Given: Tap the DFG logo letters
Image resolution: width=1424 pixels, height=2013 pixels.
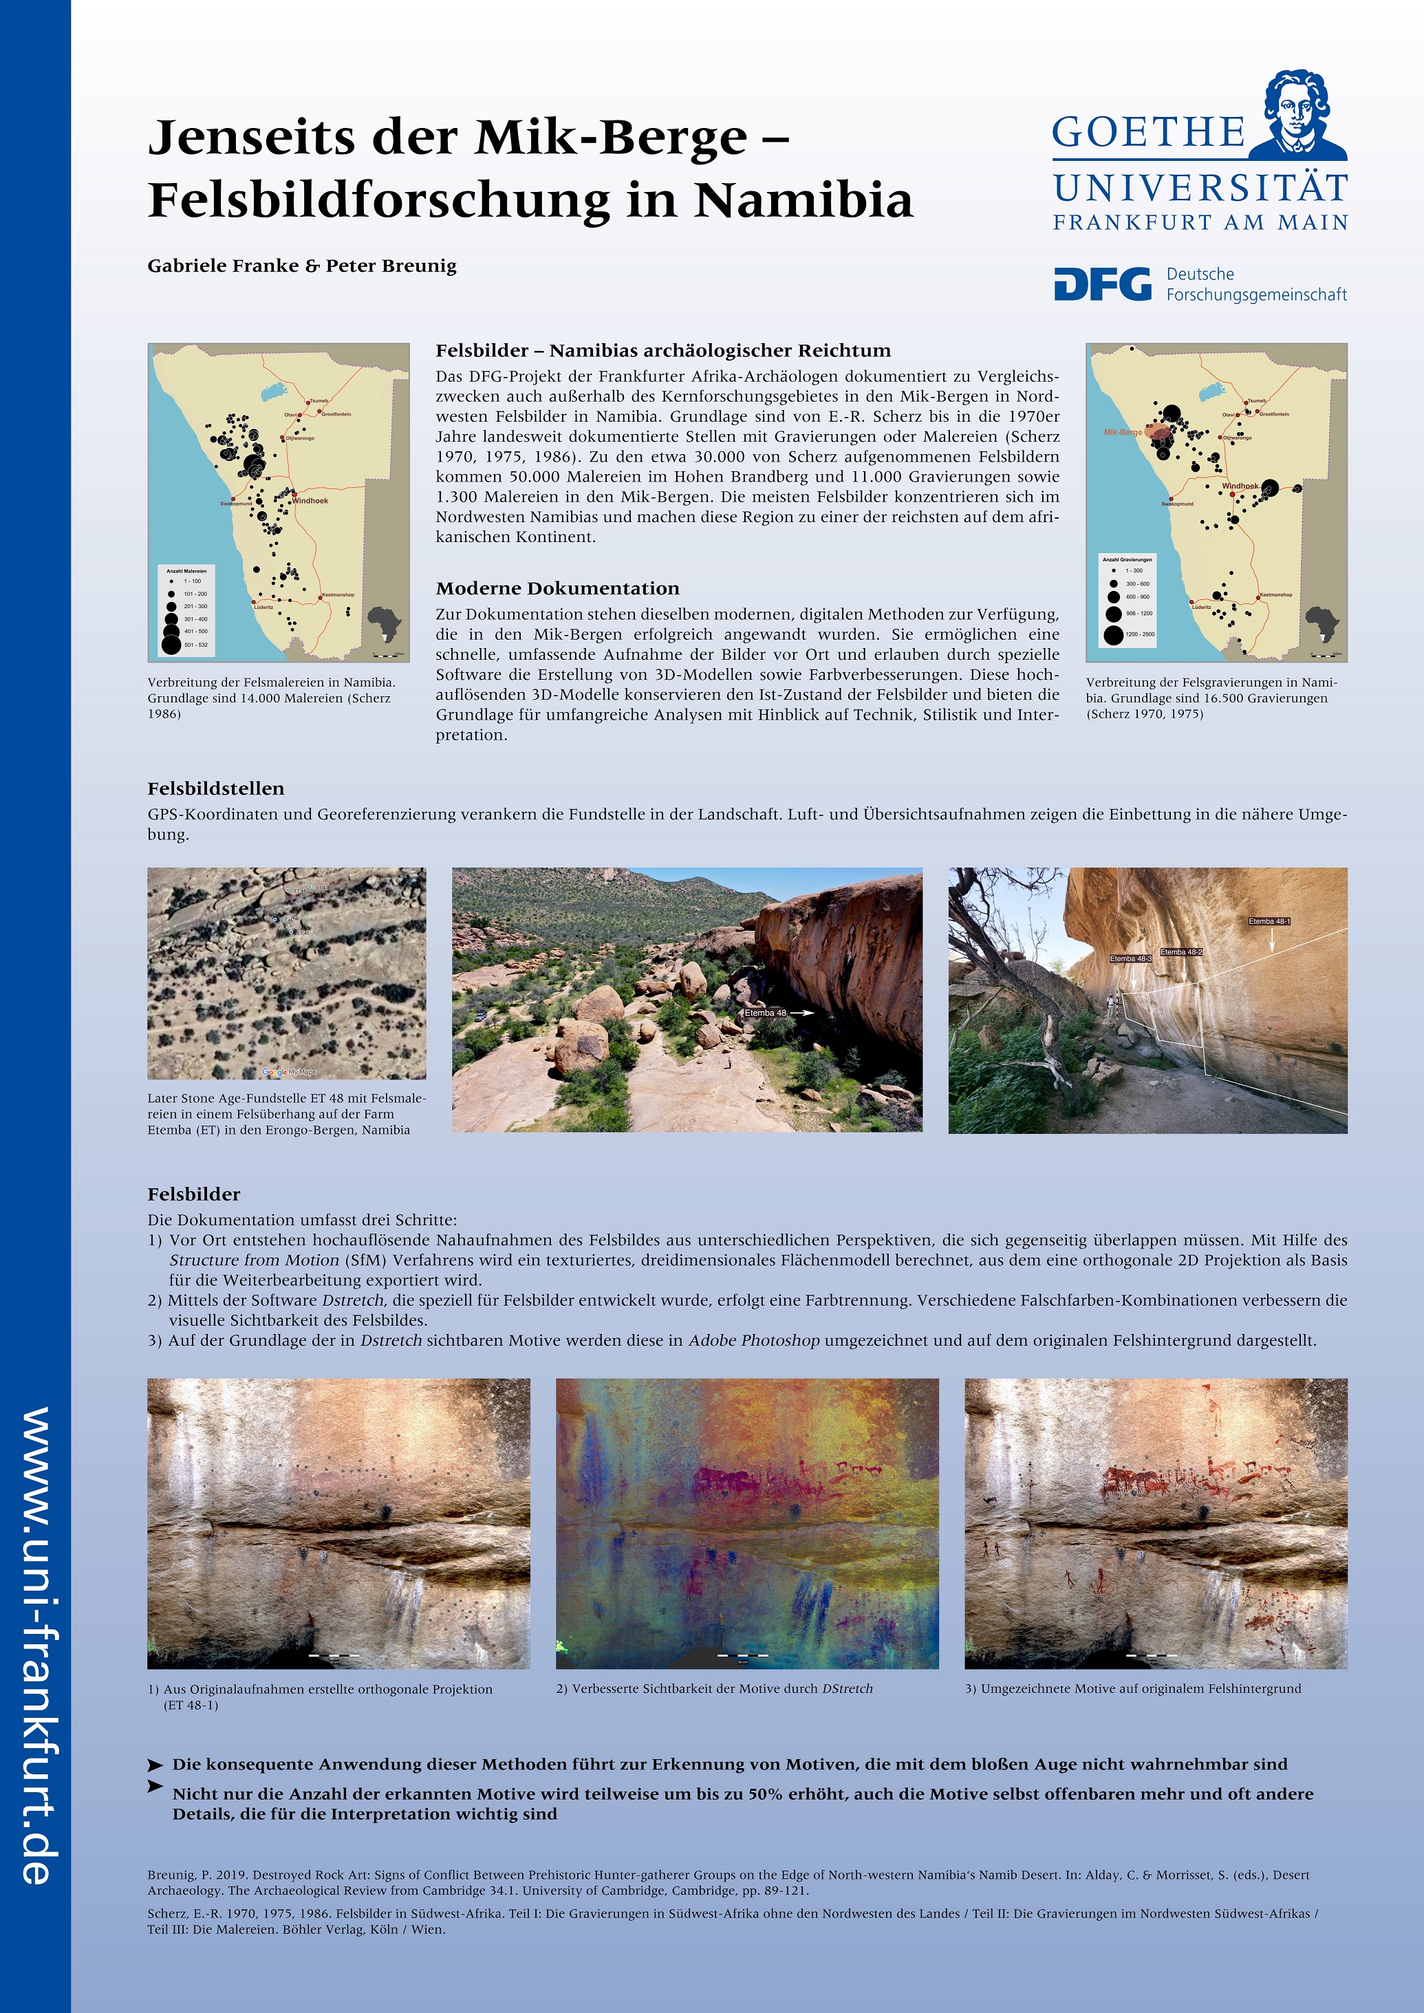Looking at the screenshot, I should (1102, 284).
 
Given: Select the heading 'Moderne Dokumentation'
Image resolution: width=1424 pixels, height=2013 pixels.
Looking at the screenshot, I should (558, 588).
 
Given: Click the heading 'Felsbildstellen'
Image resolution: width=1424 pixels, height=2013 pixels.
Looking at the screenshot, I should (216, 788).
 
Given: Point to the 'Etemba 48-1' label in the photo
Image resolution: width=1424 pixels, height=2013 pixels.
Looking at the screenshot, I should (1269, 921).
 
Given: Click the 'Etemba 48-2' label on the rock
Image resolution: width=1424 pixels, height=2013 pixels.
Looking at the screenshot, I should (1181, 951).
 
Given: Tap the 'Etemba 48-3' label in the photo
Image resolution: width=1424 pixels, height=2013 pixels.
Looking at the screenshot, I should (1130, 958).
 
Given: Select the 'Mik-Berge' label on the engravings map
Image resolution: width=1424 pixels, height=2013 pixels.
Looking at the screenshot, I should (1123, 432).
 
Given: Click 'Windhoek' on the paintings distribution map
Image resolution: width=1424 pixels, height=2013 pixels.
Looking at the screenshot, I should (310, 501).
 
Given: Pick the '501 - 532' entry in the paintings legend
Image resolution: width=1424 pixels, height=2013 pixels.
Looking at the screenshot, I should (195, 645).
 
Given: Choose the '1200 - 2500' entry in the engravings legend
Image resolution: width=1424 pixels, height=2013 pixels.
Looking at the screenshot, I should (1139, 634).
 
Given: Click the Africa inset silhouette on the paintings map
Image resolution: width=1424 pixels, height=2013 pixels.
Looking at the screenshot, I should (383, 624).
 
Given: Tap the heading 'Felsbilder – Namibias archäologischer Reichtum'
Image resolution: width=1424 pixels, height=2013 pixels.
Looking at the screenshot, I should (663, 351).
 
